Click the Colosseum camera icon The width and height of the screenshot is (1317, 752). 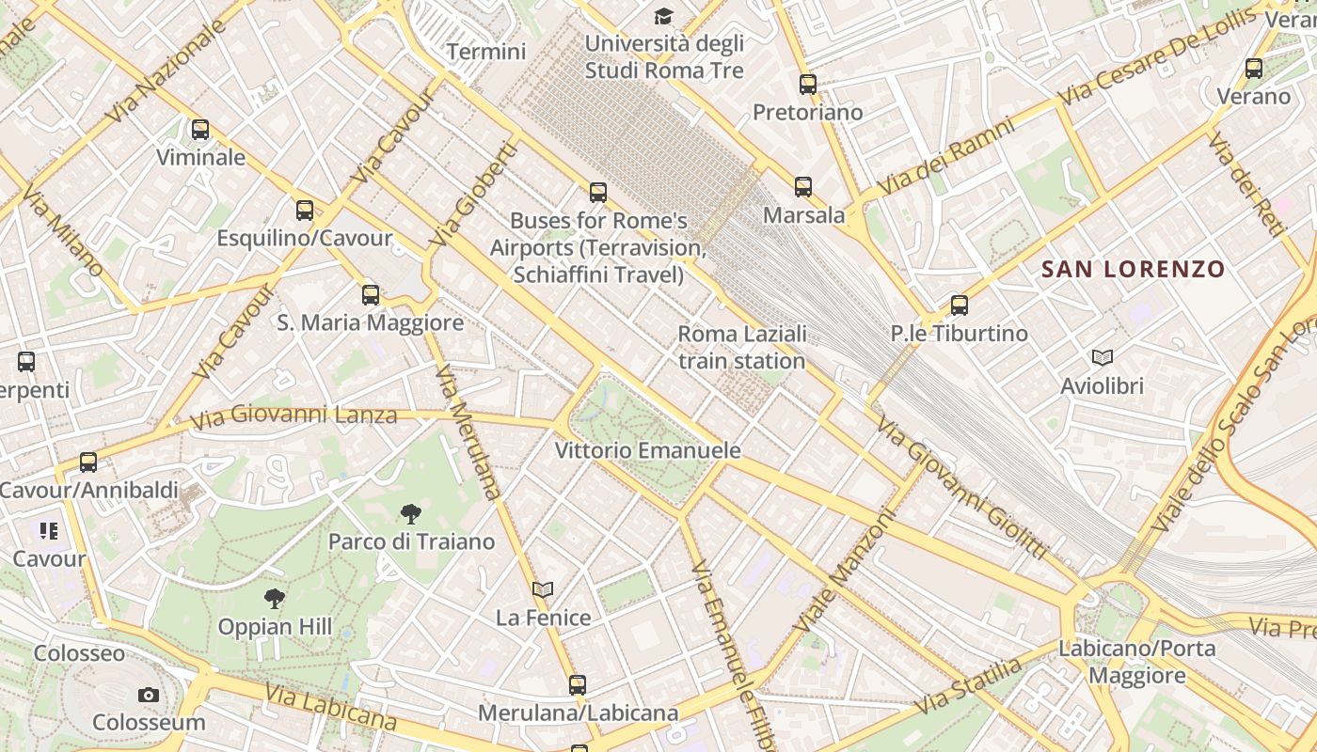(148, 696)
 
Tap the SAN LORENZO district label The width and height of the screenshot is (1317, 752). (1133, 270)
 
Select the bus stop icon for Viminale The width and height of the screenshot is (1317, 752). (200, 130)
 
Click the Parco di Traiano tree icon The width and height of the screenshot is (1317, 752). (410, 513)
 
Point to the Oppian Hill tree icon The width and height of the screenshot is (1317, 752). (274, 598)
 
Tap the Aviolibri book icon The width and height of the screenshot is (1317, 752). (1102, 357)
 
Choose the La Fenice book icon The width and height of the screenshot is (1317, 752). (543, 589)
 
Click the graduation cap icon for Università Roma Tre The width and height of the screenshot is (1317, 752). (664, 16)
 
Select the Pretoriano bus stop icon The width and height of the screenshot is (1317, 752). (808, 85)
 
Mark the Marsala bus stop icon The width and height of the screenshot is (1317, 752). (802, 187)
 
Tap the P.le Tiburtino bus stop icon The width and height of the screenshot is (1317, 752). (959, 305)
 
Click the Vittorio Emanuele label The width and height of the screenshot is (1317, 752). (648, 450)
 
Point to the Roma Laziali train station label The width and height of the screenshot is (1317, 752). (742, 347)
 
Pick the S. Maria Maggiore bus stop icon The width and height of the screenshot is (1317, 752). (371, 295)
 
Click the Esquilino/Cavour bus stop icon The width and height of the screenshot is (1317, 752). (304, 211)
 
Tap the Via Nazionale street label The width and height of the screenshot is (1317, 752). (167, 71)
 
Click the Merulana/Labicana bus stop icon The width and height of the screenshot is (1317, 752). (578, 685)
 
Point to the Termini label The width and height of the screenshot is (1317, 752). (486, 52)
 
